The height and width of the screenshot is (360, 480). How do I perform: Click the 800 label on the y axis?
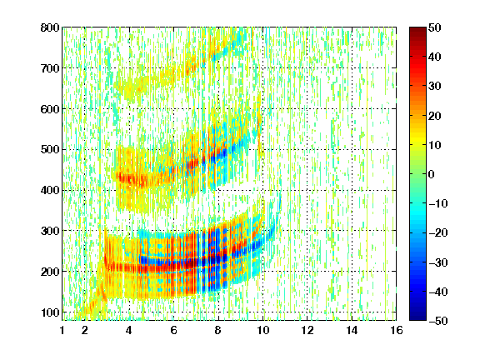point(50,27)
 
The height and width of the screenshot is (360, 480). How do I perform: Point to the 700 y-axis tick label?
point(50,68)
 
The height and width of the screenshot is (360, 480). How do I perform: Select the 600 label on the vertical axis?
point(50,109)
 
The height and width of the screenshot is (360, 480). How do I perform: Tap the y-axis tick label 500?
point(50,150)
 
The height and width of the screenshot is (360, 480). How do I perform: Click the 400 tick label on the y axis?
point(50,190)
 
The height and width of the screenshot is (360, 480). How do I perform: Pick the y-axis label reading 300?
point(50,231)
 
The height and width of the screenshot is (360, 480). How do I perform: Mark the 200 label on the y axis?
point(50,272)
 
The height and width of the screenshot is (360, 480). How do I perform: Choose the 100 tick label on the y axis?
point(50,312)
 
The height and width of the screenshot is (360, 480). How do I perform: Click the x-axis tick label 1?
point(62,330)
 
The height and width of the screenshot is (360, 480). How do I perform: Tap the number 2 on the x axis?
point(85,330)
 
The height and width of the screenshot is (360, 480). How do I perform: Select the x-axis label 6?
point(173,330)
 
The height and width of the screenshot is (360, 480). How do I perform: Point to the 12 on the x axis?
point(307,330)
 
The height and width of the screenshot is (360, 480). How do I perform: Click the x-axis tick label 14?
point(352,330)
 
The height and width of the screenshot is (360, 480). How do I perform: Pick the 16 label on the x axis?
point(396,330)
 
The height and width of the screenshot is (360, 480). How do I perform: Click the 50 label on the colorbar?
point(434,27)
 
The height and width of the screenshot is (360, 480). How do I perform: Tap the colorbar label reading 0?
point(432,174)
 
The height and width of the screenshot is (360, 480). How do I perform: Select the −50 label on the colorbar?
point(438,321)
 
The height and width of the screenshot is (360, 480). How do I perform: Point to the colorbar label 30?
point(434,87)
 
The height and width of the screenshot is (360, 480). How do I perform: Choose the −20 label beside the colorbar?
point(438,232)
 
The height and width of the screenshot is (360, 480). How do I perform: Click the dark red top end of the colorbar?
point(417,29)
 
